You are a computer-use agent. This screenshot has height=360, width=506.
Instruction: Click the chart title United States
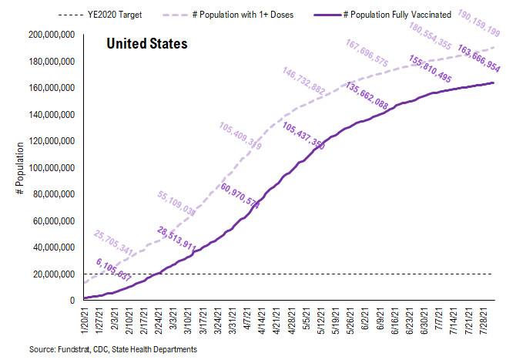pos(146,45)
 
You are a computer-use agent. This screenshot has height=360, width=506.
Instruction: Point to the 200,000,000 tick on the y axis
pos(49,35)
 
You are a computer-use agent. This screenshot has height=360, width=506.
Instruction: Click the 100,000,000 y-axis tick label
pos(49,168)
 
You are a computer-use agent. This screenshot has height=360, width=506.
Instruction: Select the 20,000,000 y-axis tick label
pos(51,274)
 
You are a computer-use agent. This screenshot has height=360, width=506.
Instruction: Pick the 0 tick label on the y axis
pos(72,301)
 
